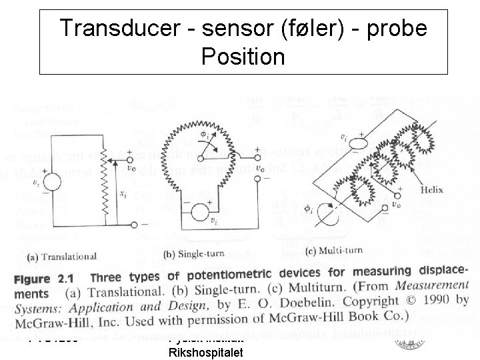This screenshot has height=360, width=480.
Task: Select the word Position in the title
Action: [242, 57]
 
